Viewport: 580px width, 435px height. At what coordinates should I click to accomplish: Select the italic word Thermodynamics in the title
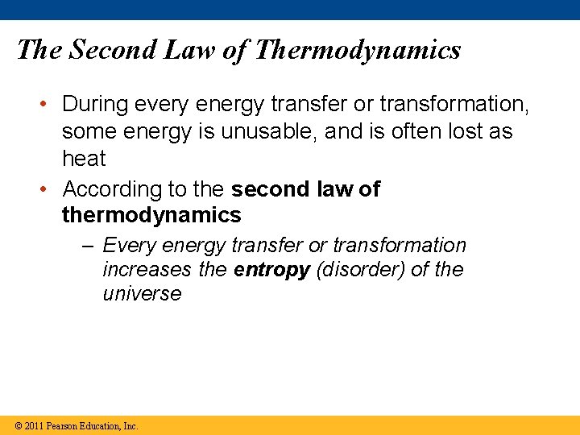pos(357,50)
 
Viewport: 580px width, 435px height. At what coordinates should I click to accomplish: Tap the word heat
pos(84,159)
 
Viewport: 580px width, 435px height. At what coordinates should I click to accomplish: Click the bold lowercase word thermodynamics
pos(151,215)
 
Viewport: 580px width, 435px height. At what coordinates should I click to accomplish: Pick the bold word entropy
pos(271,270)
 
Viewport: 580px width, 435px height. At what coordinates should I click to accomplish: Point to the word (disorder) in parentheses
pos(360,270)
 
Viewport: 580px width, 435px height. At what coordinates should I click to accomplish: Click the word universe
pos(142,294)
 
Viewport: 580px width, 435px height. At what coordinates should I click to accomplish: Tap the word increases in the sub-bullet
pos(147,270)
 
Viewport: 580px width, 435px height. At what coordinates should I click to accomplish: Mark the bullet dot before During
pos(49,105)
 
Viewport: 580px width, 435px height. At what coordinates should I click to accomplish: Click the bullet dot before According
pos(49,190)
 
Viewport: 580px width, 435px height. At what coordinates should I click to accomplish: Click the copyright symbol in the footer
pos(18,425)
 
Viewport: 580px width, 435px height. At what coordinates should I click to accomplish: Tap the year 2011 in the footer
pos(34,425)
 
